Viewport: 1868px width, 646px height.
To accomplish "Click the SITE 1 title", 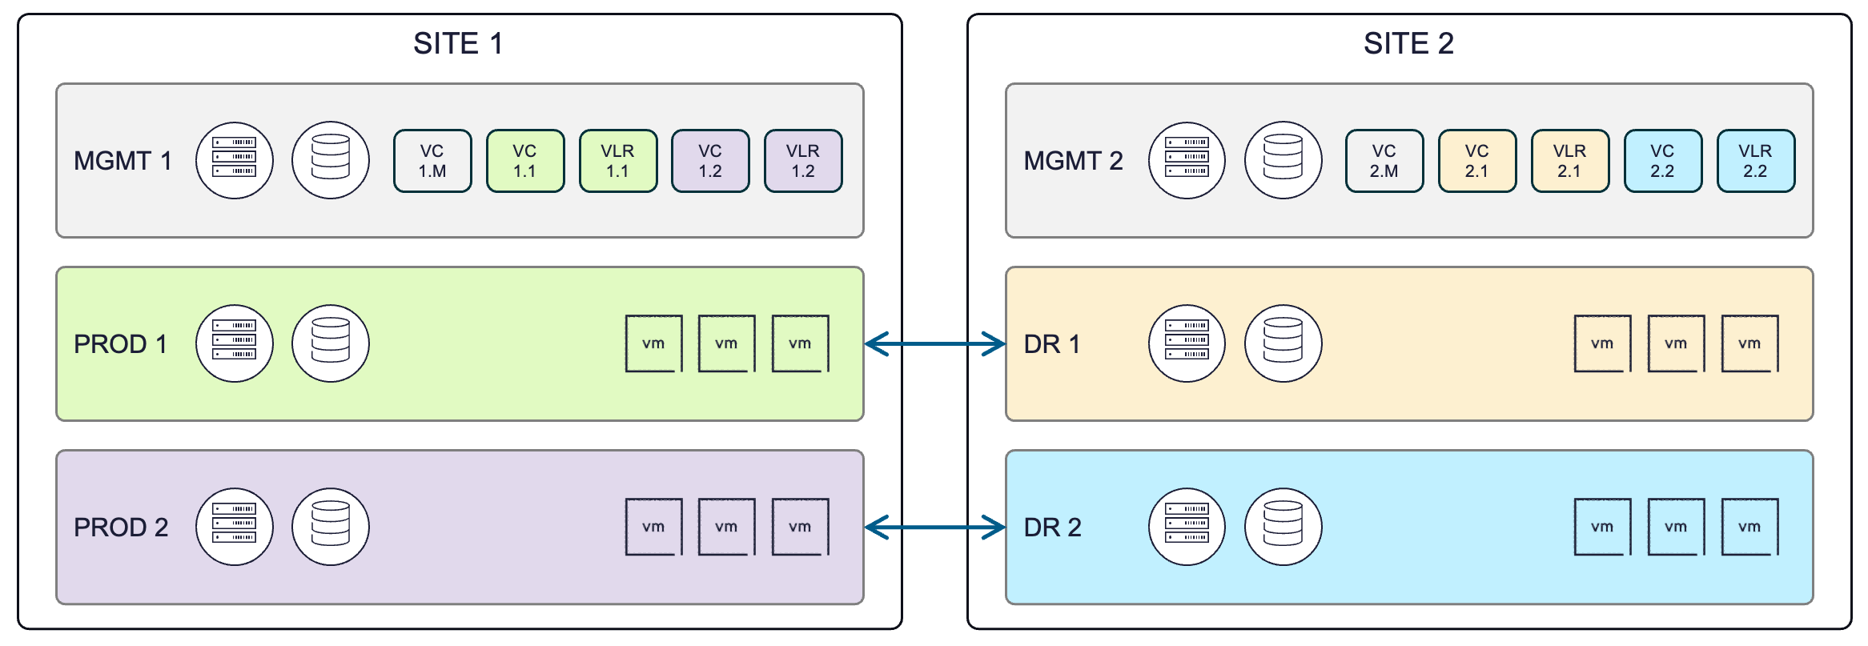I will [458, 43].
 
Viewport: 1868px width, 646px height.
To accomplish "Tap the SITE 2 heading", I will [1408, 43].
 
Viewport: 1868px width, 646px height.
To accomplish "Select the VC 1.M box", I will [432, 161].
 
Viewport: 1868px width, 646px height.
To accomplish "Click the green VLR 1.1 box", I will [617, 161].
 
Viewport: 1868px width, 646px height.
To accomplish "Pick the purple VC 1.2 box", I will [710, 161].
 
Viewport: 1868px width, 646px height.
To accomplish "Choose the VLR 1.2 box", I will [803, 161].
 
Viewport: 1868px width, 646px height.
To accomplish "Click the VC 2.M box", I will [1384, 161].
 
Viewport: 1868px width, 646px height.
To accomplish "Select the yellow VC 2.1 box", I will [1477, 161].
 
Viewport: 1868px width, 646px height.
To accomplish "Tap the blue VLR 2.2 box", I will [1755, 161].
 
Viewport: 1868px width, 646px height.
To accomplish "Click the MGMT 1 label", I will [123, 161].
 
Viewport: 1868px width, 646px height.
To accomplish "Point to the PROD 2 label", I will [121, 528].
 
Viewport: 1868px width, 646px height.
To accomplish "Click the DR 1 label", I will [1052, 344].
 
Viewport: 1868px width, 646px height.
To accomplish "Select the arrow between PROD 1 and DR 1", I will [934, 344].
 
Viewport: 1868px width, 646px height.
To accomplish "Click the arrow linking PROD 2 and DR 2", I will [934, 528].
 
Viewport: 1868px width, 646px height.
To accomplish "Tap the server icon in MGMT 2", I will [1187, 161].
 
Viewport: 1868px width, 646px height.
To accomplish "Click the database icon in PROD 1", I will [331, 344].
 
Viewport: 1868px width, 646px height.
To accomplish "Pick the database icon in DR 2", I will [1283, 528].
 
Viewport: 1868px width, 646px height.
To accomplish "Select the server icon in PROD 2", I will [235, 528].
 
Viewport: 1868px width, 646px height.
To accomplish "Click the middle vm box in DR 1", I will [1676, 344].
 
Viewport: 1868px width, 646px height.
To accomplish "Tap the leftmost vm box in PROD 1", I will [653, 344].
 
